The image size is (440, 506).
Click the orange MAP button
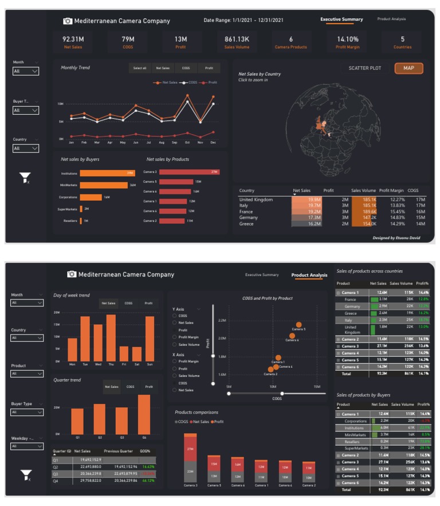coord(408,68)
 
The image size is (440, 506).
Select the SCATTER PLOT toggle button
coord(365,68)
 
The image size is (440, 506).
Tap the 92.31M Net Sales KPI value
coord(73,39)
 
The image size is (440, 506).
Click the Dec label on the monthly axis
coord(213,142)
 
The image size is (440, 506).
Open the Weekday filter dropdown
coord(27,446)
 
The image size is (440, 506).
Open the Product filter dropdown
coord(27,374)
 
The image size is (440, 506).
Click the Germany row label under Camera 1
coord(352,306)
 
